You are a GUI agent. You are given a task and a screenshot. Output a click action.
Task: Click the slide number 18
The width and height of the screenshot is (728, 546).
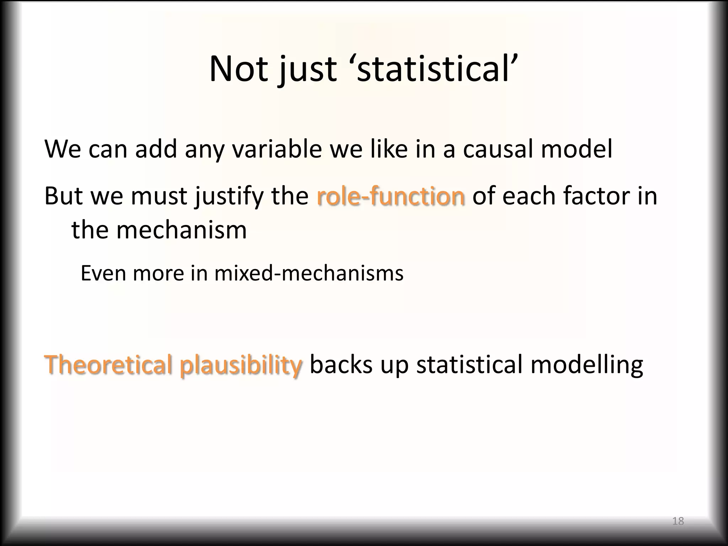point(678,521)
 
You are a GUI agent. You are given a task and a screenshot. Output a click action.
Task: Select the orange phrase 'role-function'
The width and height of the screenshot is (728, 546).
point(390,196)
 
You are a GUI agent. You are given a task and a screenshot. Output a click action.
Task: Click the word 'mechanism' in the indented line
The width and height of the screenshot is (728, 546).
point(181,230)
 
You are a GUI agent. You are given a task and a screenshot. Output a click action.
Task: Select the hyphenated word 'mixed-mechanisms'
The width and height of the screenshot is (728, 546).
point(309,273)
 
